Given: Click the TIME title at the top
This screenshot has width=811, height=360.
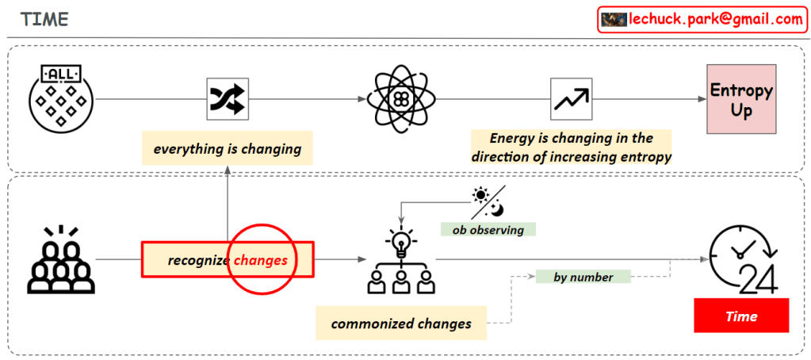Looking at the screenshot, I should (x=44, y=19).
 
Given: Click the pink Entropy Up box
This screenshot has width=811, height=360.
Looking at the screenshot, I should (x=741, y=100).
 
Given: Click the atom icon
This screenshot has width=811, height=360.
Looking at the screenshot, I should (x=400, y=98).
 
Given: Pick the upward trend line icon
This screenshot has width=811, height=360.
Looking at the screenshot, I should (x=571, y=99).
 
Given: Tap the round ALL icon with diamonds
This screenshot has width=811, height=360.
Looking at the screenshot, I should (x=60, y=98).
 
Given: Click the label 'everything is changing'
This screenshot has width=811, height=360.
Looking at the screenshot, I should (x=228, y=148).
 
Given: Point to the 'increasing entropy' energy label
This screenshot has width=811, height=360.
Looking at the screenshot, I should (x=571, y=147).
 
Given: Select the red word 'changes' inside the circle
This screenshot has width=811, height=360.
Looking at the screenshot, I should (x=261, y=259).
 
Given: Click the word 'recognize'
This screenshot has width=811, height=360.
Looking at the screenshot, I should (x=199, y=260).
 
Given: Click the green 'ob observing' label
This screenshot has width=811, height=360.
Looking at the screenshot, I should (x=488, y=229).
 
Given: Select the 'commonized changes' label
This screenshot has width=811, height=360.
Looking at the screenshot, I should (x=401, y=323).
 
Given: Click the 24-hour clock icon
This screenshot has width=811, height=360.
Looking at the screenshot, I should (x=742, y=259).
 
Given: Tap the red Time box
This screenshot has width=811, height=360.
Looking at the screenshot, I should (x=741, y=316).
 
